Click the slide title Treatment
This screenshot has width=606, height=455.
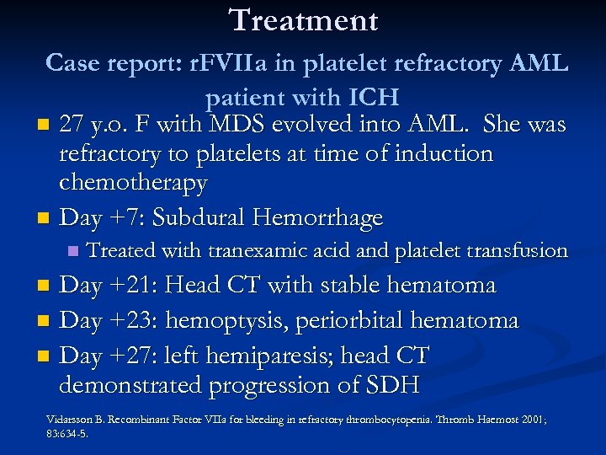303,20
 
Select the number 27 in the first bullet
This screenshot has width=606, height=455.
72,126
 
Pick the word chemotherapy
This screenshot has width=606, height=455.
133,183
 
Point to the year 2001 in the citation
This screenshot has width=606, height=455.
527,419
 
